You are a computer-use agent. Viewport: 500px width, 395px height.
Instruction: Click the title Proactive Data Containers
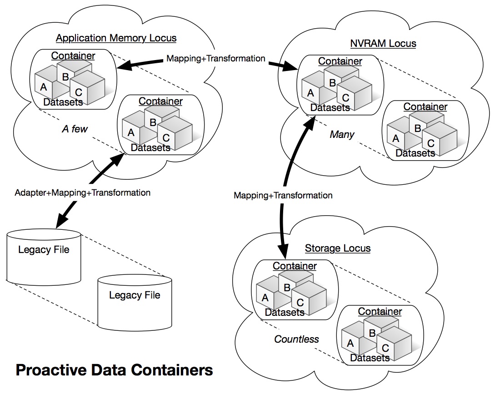(114, 370)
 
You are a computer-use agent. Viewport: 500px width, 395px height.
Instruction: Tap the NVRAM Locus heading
(383, 44)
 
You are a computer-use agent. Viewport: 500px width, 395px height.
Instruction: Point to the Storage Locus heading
(337, 248)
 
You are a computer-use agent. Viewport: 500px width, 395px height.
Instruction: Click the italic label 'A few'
(75, 129)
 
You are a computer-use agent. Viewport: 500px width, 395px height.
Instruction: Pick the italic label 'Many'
(342, 135)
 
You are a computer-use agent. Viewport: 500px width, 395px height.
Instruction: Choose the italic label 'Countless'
(296, 339)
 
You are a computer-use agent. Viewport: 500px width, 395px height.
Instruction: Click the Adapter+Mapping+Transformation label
(82, 192)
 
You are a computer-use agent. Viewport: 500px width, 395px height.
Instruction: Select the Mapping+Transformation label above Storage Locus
(283, 195)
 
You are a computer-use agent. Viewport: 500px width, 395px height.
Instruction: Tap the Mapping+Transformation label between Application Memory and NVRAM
(216, 58)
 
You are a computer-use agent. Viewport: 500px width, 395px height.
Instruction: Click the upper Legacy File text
(44, 249)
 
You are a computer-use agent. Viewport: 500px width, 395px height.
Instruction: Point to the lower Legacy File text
(135, 295)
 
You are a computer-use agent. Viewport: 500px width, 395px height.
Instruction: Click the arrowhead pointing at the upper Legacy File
(60, 223)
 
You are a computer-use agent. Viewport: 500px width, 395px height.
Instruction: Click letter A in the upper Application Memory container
(44, 86)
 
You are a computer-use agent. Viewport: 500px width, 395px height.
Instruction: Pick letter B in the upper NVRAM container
(332, 83)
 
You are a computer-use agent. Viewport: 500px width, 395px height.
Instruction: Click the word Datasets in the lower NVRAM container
(415, 153)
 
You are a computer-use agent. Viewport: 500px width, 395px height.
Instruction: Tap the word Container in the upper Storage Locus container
(295, 266)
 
